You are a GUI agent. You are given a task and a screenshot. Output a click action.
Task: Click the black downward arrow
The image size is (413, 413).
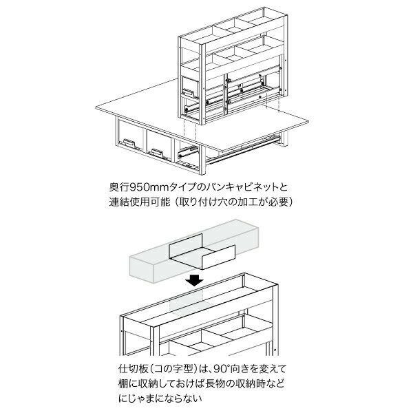tap(196, 279)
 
